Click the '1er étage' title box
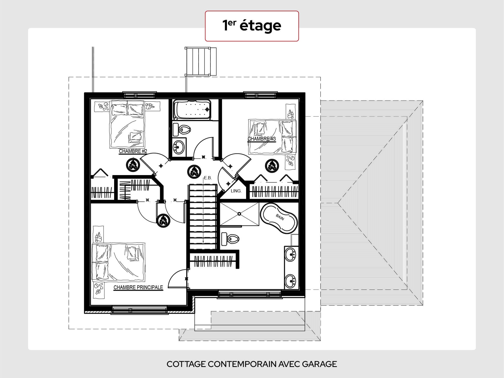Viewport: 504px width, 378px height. tap(252, 26)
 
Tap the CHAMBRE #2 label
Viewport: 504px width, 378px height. tap(133, 151)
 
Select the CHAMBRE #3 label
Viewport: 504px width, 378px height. tap(262, 139)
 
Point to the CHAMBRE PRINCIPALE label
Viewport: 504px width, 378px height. tap(138, 287)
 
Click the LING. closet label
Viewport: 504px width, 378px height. tap(236, 191)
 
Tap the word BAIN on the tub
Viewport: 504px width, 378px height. tap(280, 217)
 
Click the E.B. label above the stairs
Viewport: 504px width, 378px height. tap(208, 178)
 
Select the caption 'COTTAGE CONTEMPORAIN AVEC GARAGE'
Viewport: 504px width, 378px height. tap(252, 364)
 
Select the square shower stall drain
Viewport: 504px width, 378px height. tap(239, 214)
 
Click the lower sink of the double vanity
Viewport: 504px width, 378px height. tap(291, 281)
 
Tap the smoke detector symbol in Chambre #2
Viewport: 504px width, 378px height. tap(133, 165)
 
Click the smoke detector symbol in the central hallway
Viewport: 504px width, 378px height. tap(194, 172)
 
